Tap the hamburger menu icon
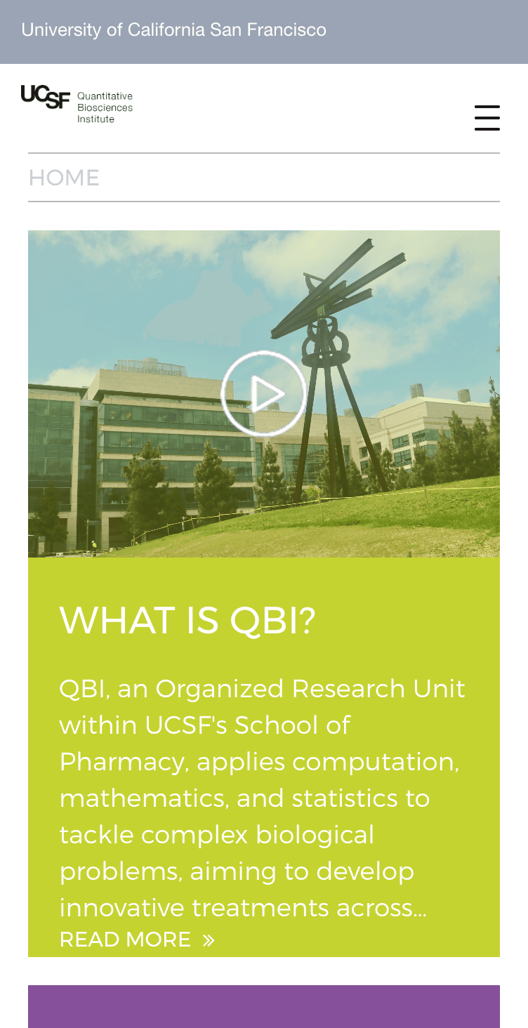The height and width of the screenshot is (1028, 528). (x=487, y=117)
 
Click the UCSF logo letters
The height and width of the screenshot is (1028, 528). (x=46, y=97)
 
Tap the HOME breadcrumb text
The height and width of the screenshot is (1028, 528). (x=64, y=178)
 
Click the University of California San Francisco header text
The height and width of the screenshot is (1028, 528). (x=174, y=29)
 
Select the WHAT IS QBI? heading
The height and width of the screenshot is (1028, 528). (x=187, y=621)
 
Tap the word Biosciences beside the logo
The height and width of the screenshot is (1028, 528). (x=105, y=107)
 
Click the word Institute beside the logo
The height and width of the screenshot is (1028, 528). (x=95, y=119)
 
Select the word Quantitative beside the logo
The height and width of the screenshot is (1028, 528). (x=105, y=96)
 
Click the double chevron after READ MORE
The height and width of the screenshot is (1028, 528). (x=209, y=940)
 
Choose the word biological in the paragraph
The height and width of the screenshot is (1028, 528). (x=315, y=835)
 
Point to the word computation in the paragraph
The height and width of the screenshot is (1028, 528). (x=376, y=763)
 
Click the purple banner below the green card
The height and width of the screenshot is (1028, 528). (x=264, y=1006)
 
